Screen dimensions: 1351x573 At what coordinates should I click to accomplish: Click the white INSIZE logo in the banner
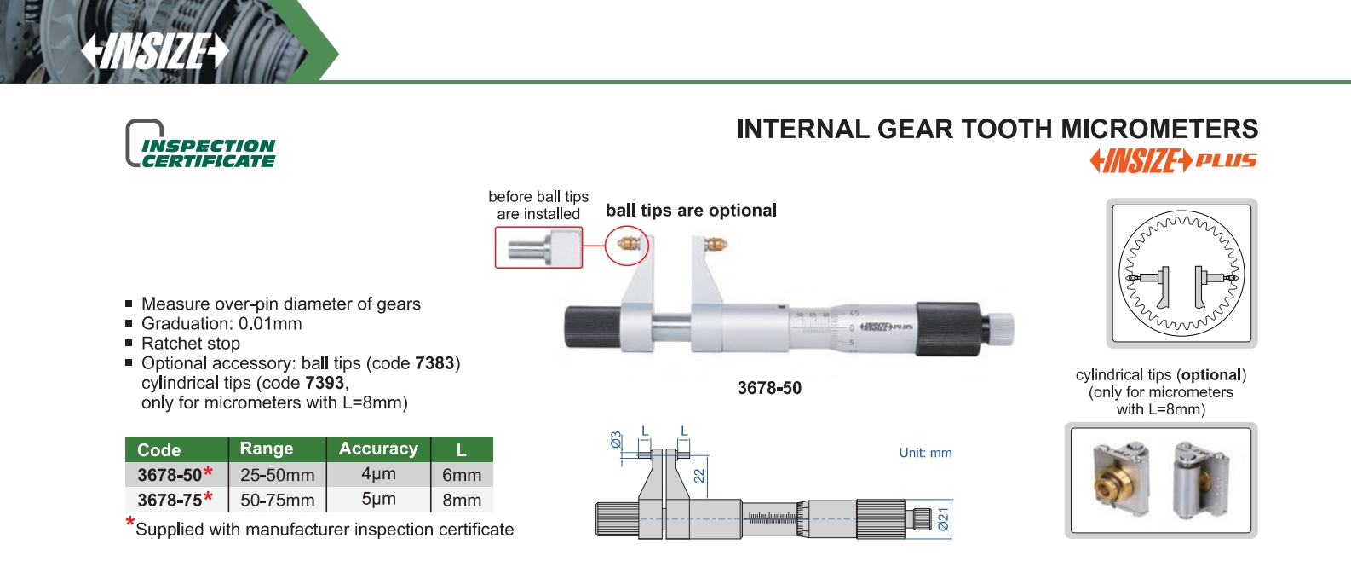pos(155,50)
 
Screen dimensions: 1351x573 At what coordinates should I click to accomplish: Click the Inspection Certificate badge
pos(200,143)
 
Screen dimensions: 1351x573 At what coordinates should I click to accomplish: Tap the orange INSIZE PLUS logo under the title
pos(1173,161)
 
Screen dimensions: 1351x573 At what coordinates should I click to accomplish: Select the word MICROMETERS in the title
pos(1159,130)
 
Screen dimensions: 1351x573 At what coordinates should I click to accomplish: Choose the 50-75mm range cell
pos(278,500)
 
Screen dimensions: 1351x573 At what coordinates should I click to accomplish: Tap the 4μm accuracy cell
pos(379,474)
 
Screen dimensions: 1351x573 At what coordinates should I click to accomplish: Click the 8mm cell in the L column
pos(462,500)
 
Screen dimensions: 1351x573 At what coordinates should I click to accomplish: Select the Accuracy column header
pos(379,449)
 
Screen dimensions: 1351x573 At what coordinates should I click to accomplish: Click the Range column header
pos(267,449)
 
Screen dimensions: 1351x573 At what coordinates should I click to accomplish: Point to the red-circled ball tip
pos(627,245)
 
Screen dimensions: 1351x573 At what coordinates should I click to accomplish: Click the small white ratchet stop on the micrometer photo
pos(1002,328)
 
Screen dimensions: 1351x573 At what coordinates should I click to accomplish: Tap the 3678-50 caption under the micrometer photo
pos(769,388)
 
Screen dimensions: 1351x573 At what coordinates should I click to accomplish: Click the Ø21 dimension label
pos(944,519)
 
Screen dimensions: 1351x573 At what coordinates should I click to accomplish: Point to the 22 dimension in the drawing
pos(699,476)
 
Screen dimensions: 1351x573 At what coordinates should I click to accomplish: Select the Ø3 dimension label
pos(616,440)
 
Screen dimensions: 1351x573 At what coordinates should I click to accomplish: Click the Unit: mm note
pos(925,453)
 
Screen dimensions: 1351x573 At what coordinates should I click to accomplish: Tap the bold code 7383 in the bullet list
pos(434,363)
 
